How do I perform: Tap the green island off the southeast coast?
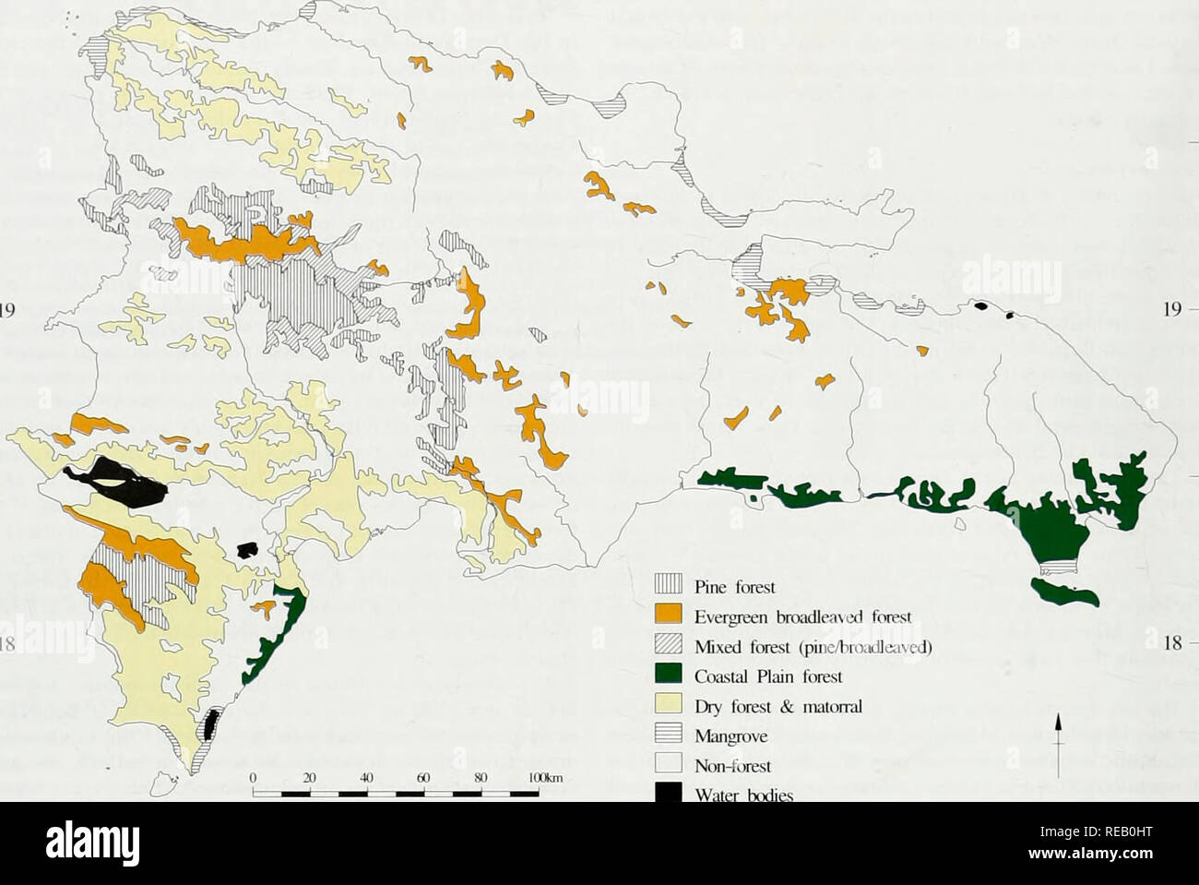pos(1065,592)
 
